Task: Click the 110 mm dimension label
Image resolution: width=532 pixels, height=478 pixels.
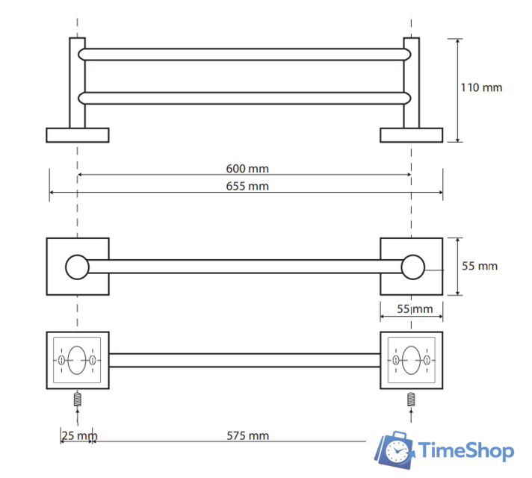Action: point(481,87)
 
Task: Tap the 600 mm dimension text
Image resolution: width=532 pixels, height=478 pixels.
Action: point(247,169)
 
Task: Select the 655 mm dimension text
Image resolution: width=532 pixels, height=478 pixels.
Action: point(247,186)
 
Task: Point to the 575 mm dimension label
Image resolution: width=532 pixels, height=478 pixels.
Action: point(247,435)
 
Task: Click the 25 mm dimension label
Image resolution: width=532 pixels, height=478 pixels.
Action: point(79,435)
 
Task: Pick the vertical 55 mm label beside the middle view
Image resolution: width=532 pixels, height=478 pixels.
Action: point(480,266)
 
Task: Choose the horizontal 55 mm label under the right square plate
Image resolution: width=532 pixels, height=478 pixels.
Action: point(415,308)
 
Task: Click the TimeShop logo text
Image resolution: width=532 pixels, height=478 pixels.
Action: point(466,450)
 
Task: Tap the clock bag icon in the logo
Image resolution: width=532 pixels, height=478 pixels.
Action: point(395,450)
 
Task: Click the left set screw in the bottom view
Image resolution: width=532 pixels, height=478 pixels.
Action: point(78,399)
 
